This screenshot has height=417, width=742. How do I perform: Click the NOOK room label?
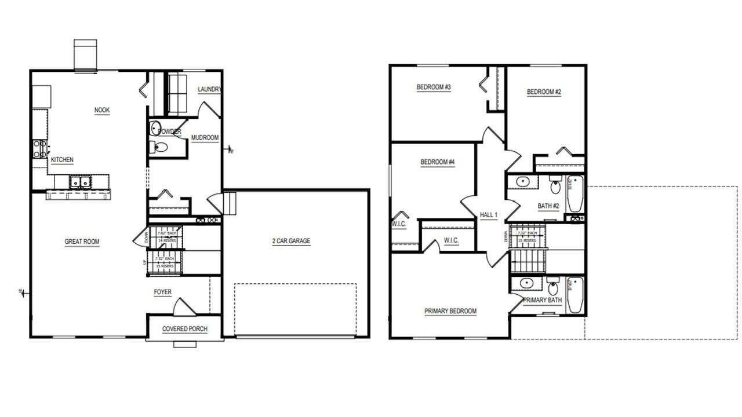pos(102,110)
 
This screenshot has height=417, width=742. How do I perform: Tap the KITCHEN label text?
pos(62,160)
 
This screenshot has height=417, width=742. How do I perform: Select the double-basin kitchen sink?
pos(79,182)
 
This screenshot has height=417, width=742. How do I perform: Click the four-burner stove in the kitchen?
pos(39,149)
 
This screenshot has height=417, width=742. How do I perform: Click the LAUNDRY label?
pos(209,89)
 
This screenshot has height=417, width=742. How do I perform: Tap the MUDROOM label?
pos(205,138)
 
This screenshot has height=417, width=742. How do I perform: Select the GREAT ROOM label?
pos(82,242)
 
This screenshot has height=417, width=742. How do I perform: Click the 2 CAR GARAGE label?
pos(291,241)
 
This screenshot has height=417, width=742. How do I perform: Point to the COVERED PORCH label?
pos(184,329)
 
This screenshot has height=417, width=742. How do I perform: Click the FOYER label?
pos(162,292)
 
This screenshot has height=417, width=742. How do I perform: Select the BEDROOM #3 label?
pos(434,87)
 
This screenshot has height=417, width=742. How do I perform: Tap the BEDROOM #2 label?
pos(544,92)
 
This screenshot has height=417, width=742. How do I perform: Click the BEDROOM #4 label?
pos(437,162)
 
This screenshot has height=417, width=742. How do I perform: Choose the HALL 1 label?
pos(489,215)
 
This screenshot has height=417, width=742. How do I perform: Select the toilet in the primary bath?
pos(554,287)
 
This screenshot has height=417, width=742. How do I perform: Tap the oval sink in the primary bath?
pos(526,283)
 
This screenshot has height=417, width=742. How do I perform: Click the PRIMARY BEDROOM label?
pos(450,311)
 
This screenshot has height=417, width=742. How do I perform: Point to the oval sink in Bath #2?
pos(523,182)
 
